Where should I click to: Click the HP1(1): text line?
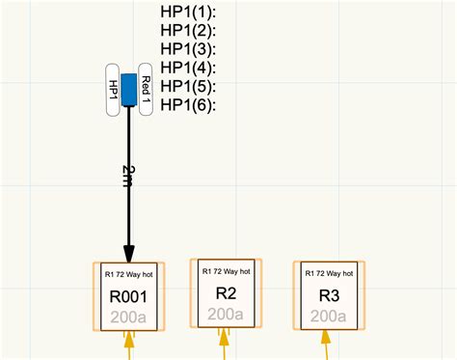click(188, 12)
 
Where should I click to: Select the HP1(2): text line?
click(188, 30)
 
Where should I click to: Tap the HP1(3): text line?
click(188, 49)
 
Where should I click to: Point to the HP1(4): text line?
click(188, 68)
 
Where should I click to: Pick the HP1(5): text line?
click(188, 86)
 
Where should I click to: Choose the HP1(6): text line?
click(188, 104)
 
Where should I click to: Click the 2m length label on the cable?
click(129, 175)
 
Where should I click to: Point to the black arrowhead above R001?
click(128, 248)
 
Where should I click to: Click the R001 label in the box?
click(128, 296)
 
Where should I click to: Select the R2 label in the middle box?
click(226, 293)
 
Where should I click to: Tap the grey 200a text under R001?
click(128, 318)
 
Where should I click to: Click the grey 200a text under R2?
click(226, 314)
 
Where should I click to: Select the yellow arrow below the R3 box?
click(329, 342)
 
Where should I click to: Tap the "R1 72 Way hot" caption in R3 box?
click(329, 274)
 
